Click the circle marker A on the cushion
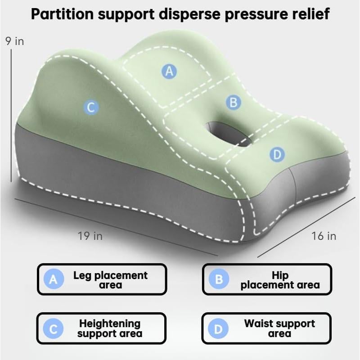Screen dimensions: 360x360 169,71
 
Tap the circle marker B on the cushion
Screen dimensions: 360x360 233,103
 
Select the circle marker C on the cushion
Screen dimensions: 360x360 91,107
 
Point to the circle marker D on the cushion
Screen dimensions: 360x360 277,154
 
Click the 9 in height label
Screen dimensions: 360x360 15,41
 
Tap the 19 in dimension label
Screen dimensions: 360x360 90,236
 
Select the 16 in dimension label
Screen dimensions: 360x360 324,236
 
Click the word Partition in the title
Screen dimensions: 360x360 62,14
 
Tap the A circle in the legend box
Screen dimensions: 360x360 54,279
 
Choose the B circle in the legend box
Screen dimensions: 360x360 219,279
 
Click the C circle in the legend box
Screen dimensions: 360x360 53,328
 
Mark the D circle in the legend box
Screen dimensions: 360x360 218,328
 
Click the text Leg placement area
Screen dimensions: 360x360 110,280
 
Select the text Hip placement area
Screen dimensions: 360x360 280,280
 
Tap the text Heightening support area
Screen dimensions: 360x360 110,328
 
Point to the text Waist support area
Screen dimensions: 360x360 279,328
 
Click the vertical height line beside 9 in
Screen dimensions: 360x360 11,116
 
